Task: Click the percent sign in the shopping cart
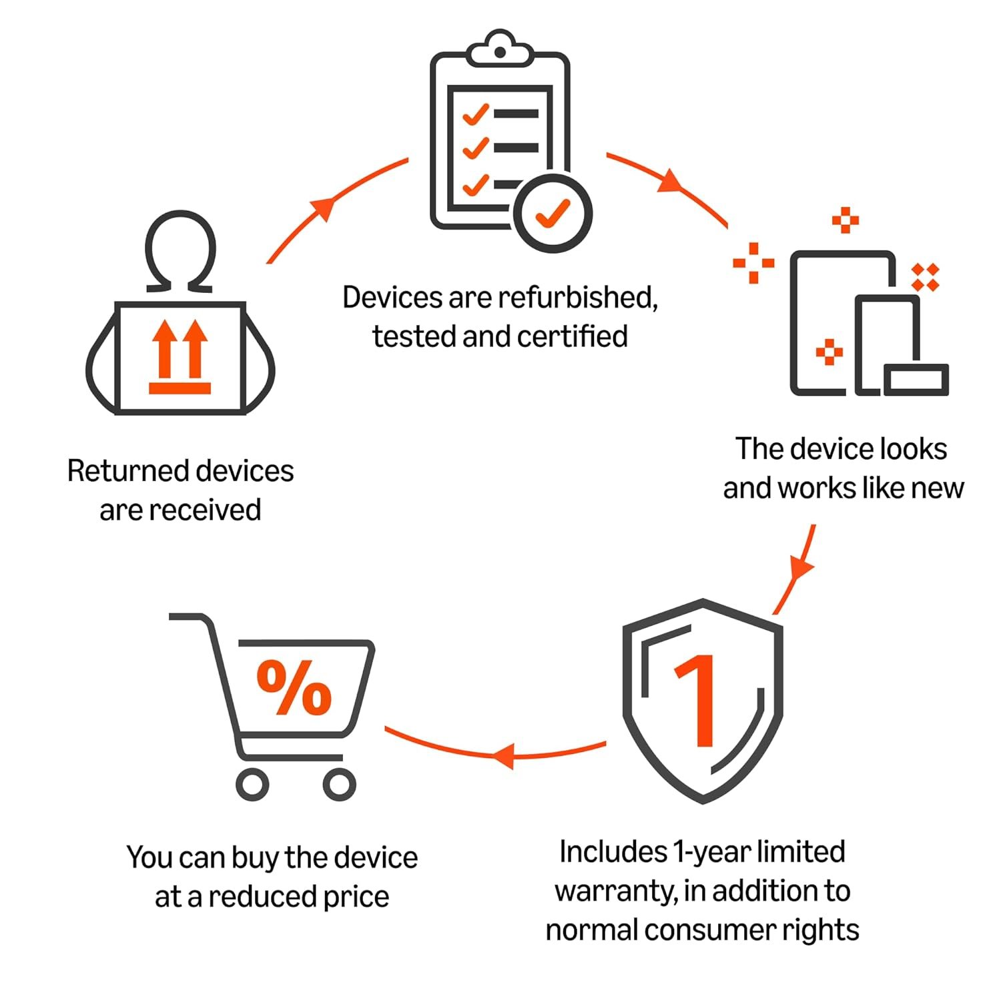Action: [x=294, y=687]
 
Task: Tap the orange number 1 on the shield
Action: [x=698, y=701]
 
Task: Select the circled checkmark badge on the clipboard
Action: [x=553, y=214]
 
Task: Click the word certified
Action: [x=572, y=336]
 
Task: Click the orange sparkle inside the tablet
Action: [x=829, y=352]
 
